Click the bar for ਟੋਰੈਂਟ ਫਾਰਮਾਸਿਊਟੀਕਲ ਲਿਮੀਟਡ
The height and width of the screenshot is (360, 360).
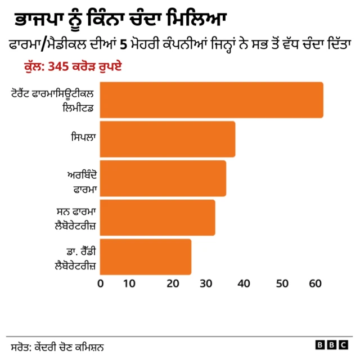coord(211,100)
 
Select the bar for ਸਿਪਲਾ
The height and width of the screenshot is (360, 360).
coord(168,139)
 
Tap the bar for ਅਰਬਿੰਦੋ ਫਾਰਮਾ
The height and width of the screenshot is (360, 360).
coord(163,178)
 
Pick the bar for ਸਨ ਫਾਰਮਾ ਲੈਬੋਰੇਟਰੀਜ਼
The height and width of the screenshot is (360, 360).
coord(157,218)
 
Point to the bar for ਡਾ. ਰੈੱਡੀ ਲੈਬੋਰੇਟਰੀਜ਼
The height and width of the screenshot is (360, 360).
coord(146,257)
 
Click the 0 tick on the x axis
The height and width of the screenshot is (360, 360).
coord(101,283)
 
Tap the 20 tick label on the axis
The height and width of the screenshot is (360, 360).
coord(172,283)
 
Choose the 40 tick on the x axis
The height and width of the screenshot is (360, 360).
coord(244,283)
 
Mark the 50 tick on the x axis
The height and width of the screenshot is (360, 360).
coord(280,283)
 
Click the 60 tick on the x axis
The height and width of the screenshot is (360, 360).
coord(316,283)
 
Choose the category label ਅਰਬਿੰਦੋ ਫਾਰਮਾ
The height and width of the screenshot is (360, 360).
coord(82,182)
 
